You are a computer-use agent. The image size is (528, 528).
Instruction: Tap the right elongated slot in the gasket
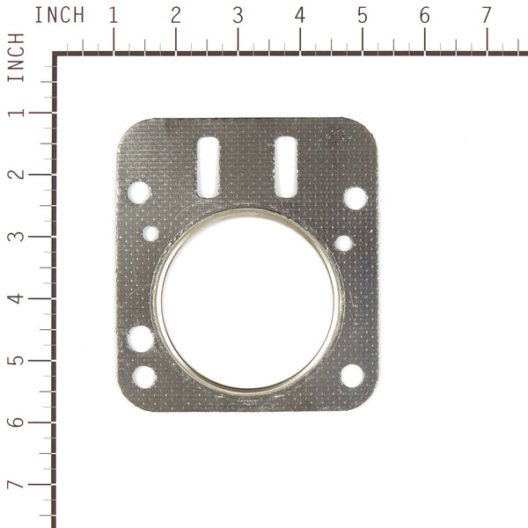coord(284,167)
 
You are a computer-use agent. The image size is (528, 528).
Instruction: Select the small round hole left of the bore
coord(150,233)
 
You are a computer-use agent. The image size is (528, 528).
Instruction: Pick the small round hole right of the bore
coord(344,243)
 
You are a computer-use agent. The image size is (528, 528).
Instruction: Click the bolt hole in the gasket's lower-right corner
coord(351,376)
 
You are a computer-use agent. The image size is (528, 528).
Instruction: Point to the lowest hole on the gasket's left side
coord(143,378)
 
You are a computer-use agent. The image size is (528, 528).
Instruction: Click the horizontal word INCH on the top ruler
coord(60,15)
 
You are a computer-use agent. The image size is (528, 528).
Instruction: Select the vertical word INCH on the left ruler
coord(16,58)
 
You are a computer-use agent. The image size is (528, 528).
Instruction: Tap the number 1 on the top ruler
coord(114,15)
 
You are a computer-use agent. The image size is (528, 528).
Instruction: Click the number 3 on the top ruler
coord(238,15)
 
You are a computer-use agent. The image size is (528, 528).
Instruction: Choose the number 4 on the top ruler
coord(300,15)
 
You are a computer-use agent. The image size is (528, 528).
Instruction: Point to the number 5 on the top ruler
coord(363,15)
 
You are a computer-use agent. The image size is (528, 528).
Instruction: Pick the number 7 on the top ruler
coord(487,15)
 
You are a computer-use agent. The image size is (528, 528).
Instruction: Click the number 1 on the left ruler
coord(16,114)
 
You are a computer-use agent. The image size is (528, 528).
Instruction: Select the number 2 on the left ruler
coord(16,175)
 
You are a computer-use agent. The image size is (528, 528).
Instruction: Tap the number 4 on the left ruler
coord(16,299)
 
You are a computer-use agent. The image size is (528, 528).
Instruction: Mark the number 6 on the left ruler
coord(16,423)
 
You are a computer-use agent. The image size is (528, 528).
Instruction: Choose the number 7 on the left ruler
coord(16,486)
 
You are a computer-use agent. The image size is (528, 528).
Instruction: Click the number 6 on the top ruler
coord(425,15)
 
